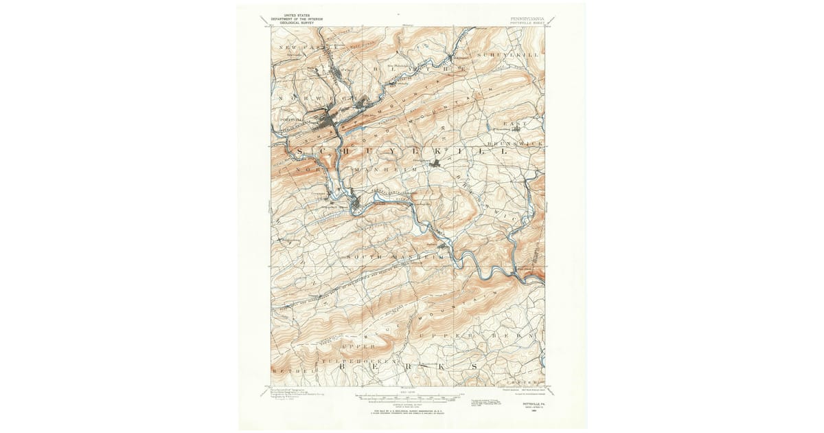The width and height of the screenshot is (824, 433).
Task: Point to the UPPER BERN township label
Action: click(481, 335)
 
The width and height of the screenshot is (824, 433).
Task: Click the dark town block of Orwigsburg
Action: click(435, 163)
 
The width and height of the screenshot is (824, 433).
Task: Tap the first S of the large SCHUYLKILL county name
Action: click(300, 151)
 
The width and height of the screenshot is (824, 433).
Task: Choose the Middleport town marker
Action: click(453, 58)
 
